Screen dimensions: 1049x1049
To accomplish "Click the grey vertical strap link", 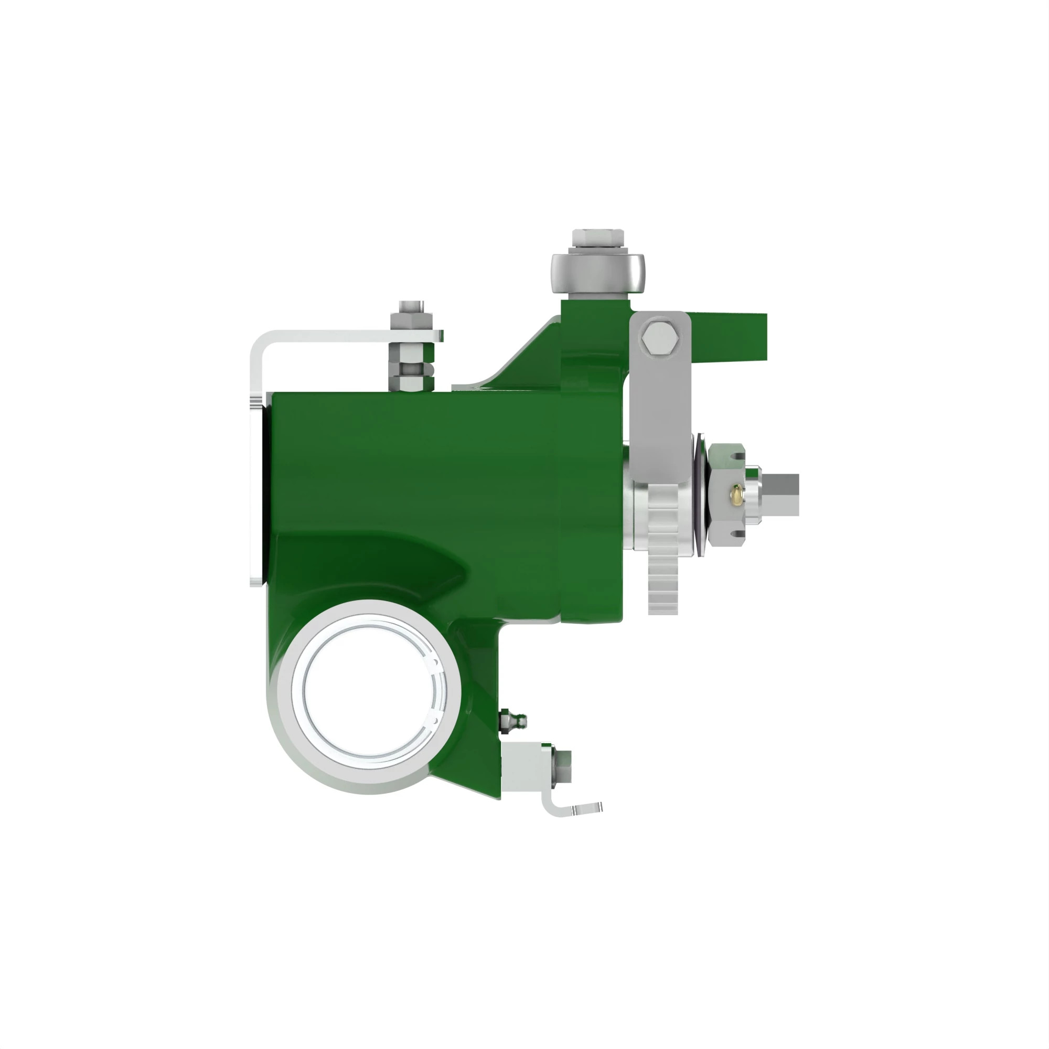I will tap(660, 413).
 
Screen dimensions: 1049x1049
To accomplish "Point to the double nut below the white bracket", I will tap(412, 372).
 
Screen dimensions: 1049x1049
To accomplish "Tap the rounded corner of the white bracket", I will tap(259, 341).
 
